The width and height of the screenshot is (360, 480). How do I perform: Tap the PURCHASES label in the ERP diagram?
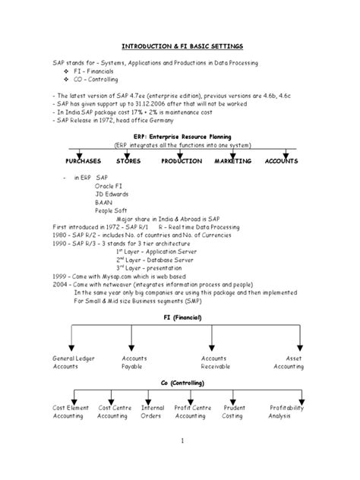pos(83,161)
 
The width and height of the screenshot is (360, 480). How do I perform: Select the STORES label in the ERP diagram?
pos(128,161)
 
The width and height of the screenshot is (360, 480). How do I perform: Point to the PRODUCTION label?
pos(182,161)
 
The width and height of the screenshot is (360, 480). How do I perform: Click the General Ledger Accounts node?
pos(74,362)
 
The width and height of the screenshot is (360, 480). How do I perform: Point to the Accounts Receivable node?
pos(215,362)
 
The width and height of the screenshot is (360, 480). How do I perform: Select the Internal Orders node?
pos(153,412)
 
